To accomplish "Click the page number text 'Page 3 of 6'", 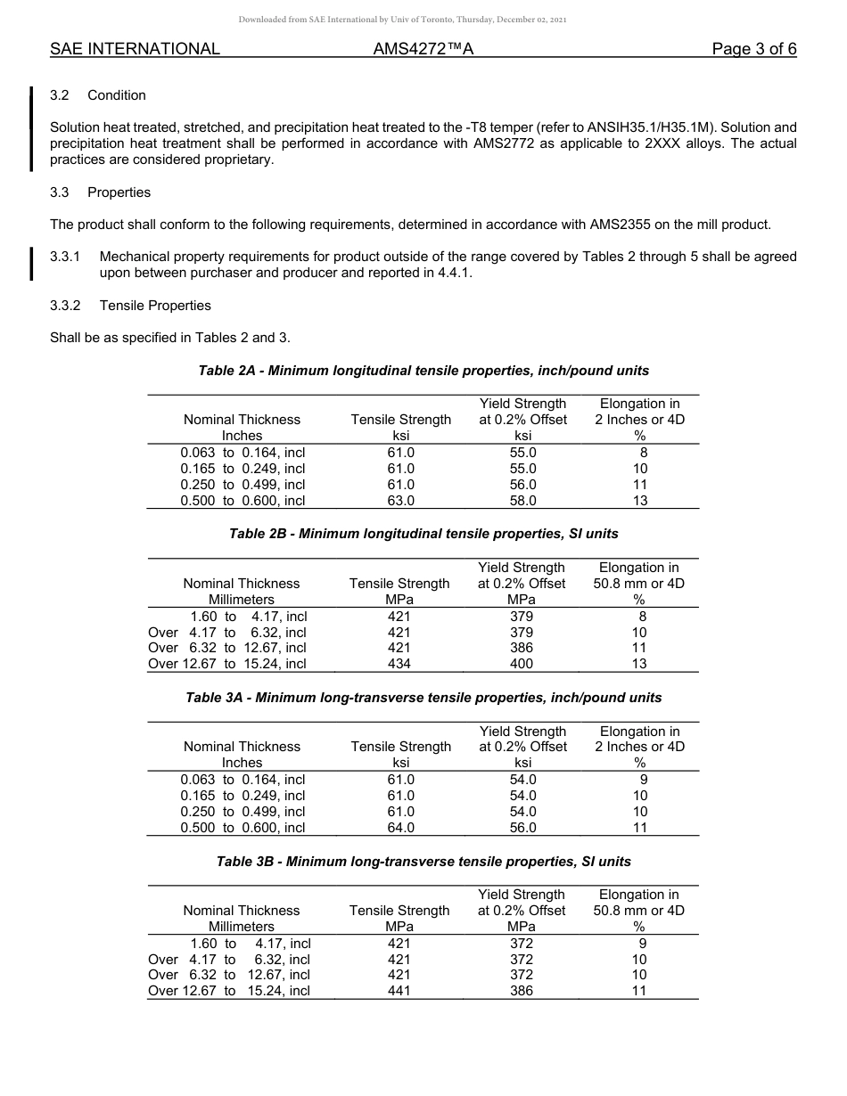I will pyautogui.click(x=753, y=49).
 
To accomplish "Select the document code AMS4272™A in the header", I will pyautogui.click(x=423, y=49).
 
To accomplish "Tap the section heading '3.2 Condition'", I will pyautogui.click(x=98, y=95).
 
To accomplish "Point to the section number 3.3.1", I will pyautogui.click(x=65, y=257).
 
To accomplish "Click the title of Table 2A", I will pyautogui.click(x=423, y=370).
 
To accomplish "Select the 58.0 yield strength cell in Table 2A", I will pyautogui.click(x=522, y=501).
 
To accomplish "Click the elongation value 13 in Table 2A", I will pyautogui.click(x=640, y=501).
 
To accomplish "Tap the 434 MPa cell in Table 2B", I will pyautogui.click(x=399, y=664).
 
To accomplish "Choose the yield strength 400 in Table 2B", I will pyautogui.click(x=522, y=664).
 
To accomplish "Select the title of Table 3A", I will pyautogui.click(x=423, y=698).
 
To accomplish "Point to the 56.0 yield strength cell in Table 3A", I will pyautogui.click(x=522, y=828).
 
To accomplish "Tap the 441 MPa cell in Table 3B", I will pyautogui.click(x=399, y=991).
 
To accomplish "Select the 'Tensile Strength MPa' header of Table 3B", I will pyautogui.click(x=399, y=918).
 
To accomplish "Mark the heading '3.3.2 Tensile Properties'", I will pyautogui.click(x=130, y=306).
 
